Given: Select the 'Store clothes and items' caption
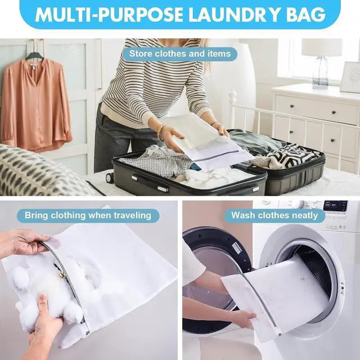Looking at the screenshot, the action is [x=180, y=54].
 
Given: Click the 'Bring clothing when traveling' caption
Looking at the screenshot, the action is [x=88, y=215].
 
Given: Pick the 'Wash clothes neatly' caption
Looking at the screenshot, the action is [x=274, y=215].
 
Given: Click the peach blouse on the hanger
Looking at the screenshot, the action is [x=35, y=103].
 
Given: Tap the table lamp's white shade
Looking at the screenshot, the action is [x=322, y=47].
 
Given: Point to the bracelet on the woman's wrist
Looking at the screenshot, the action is [x=161, y=132].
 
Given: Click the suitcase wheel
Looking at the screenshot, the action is [x=109, y=177].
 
